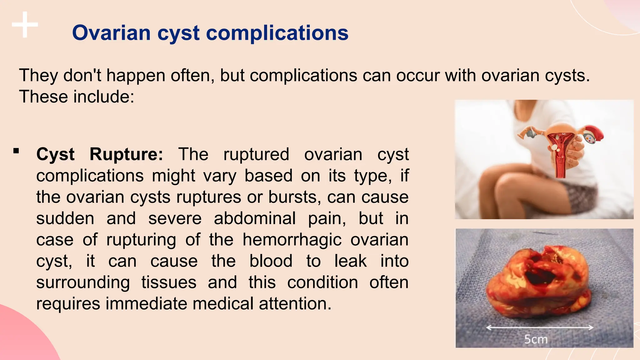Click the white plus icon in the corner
25,25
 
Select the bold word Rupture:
126,154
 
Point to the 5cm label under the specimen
536,339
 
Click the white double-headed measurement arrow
540,327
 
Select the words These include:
77,97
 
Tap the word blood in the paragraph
271,261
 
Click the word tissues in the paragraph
169,282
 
